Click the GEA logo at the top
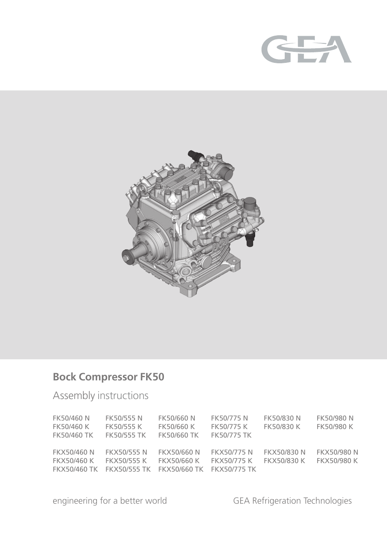(x=306, y=49)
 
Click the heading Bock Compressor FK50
(x=108, y=377)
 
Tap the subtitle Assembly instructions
(x=101, y=395)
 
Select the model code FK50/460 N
(x=71, y=418)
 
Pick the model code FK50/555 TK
(x=125, y=435)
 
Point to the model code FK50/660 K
(x=176, y=427)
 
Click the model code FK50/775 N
(x=229, y=418)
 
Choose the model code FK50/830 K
(x=282, y=427)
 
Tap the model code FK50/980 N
(x=335, y=418)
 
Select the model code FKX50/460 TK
(x=75, y=469)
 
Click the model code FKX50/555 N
(x=126, y=452)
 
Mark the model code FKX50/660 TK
(x=181, y=469)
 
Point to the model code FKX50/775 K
(x=232, y=461)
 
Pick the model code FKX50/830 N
(x=284, y=452)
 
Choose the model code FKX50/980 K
(x=337, y=461)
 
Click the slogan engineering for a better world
(x=110, y=501)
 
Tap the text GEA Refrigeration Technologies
(x=292, y=501)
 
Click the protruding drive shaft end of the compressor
(x=129, y=255)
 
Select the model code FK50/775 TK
(x=231, y=435)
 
